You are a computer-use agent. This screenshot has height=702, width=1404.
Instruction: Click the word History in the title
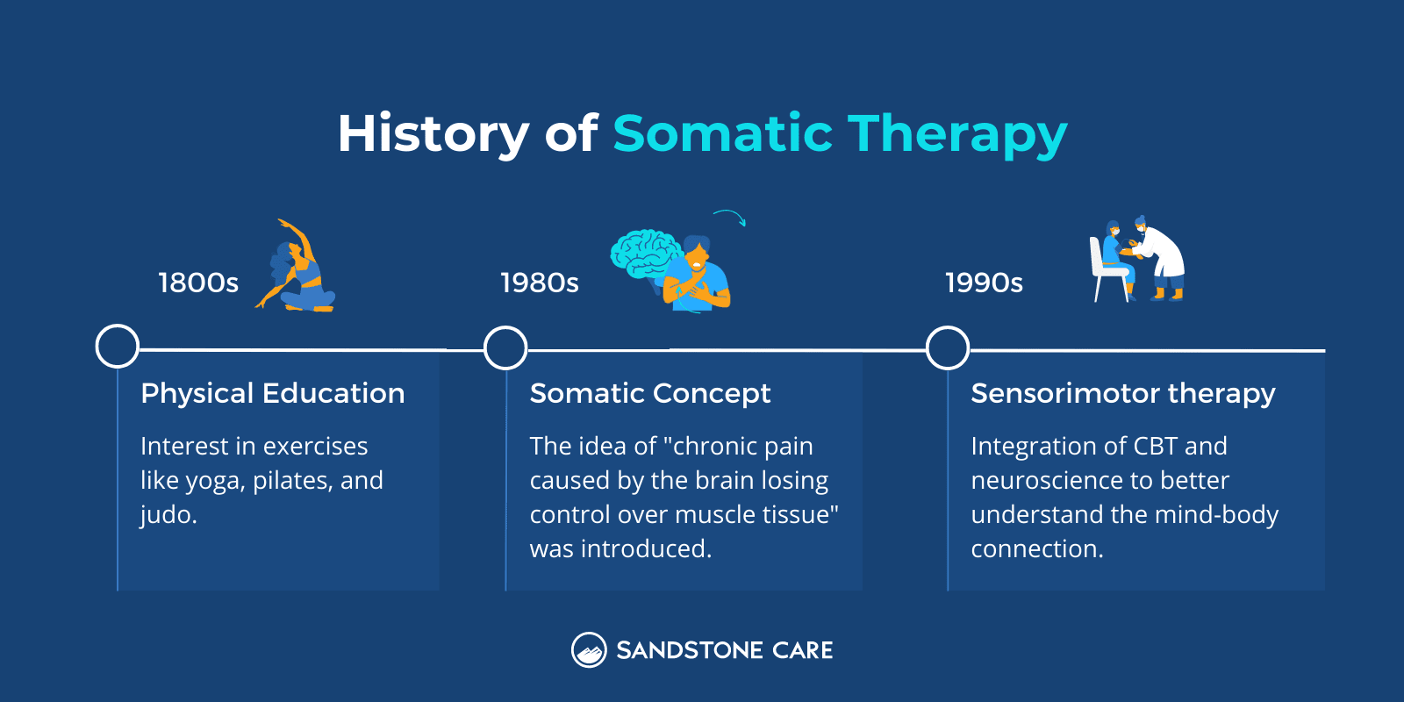(433, 134)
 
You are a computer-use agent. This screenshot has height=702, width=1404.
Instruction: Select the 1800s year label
(198, 283)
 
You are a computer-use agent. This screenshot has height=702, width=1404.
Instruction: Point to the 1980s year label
(540, 283)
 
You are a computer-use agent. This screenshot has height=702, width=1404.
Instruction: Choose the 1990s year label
(984, 283)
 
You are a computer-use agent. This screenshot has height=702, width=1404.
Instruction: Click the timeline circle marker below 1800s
(118, 347)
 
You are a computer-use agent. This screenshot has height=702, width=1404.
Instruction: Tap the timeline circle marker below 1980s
(505, 347)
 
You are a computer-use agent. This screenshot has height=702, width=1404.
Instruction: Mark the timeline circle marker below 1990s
(948, 347)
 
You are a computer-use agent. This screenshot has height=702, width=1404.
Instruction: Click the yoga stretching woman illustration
(299, 268)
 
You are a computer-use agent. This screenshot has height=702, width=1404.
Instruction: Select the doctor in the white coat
(1160, 259)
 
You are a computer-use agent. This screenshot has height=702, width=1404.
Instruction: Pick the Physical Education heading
(272, 393)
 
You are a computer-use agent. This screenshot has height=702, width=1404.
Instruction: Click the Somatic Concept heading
(649, 393)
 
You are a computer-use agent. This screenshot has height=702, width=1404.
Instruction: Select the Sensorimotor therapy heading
(1122, 393)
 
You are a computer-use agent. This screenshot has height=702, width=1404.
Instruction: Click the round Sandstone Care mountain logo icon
(589, 650)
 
